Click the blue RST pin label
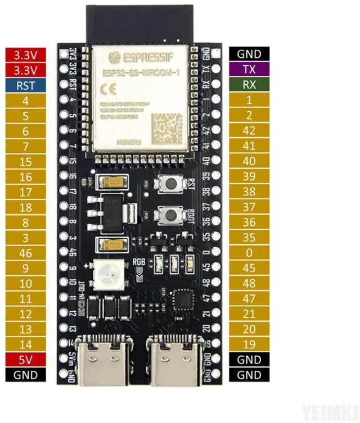pyautogui.click(x=25, y=85)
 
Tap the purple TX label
pyautogui.click(x=249, y=70)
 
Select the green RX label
pyautogui.click(x=249, y=85)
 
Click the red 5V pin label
pyautogui.click(x=25, y=360)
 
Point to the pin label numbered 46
pyautogui.click(x=25, y=253)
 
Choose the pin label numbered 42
pyautogui.click(x=249, y=130)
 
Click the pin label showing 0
pyautogui.click(x=249, y=253)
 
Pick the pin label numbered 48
pyautogui.click(x=249, y=283)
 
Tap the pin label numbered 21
pyautogui.click(x=249, y=313)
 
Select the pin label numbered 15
pyautogui.click(x=25, y=161)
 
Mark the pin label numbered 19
pyautogui.click(x=249, y=344)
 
